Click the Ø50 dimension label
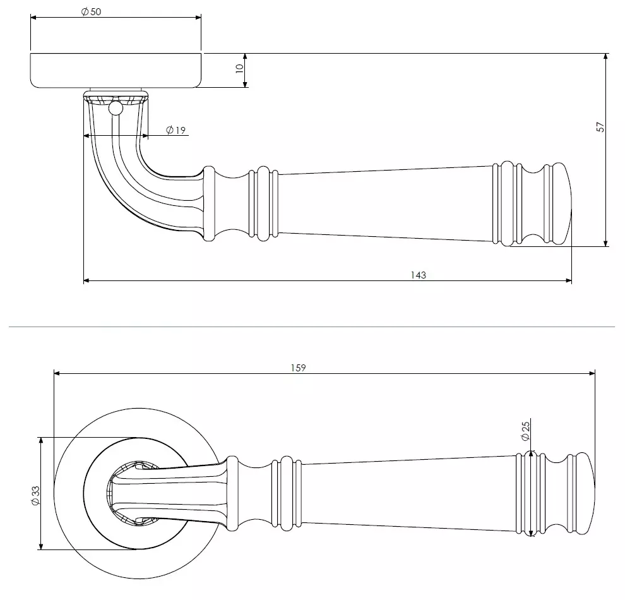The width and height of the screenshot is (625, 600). point(92,11)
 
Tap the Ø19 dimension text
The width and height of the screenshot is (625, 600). point(176,130)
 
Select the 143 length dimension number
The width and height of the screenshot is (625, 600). point(418,275)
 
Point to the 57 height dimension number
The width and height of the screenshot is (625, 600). point(600,127)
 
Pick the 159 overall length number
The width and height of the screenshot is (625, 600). point(298,368)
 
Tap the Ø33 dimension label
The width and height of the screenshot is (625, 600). point(35,496)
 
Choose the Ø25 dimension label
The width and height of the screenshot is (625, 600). point(525,431)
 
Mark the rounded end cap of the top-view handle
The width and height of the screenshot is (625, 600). point(562,203)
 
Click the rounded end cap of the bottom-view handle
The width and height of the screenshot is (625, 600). point(585,493)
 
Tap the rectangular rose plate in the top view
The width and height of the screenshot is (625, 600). point(116,70)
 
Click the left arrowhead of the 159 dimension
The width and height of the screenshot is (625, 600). point(57,373)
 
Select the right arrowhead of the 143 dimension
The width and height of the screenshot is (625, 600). point(569,280)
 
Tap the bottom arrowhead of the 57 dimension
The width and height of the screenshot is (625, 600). point(606,243)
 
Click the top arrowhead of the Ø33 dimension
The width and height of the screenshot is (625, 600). point(40,441)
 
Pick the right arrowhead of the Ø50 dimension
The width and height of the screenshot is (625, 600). point(198,17)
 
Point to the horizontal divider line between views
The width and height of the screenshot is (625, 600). point(312,327)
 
